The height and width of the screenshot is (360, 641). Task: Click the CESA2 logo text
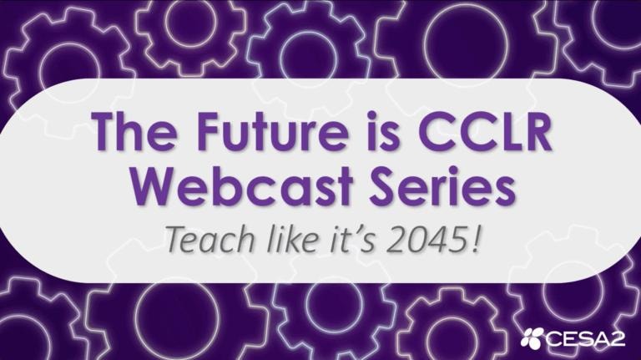pyautogui.click(x=584, y=338)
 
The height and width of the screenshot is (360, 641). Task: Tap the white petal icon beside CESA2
pyautogui.click(x=532, y=338)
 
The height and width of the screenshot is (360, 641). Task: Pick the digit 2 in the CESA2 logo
pyautogui.click(x=617, y=338)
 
